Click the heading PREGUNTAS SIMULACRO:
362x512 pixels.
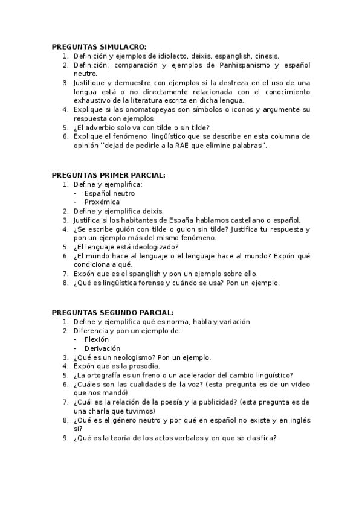click(99, 46)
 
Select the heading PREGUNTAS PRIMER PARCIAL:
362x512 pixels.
click(108, 175)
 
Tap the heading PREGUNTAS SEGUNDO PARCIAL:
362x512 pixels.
click(112, 313)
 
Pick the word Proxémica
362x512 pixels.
click(102, 202)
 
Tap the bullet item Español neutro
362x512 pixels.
click(109, 193)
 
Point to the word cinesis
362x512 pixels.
click(266, 56)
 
